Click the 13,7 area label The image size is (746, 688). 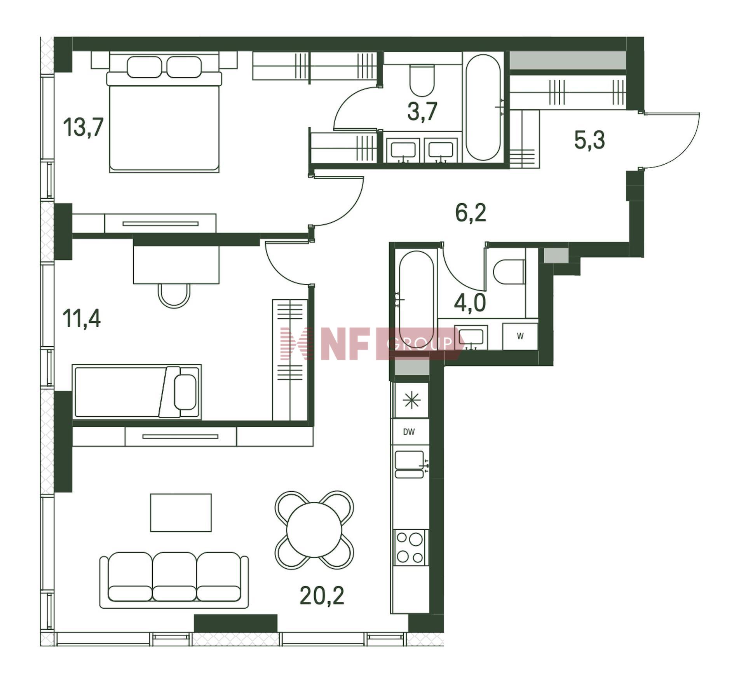tap(83, 127)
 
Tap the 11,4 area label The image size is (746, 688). tap(82, 318)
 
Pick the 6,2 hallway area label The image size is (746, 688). tap(471, 213)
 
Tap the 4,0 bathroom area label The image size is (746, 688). tap(470, 303)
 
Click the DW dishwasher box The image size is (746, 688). tap(410, 431)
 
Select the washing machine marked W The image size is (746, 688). tap(520, 336)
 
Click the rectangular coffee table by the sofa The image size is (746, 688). tap(181, 512)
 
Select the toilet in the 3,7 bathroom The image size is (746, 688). tap(422, 80)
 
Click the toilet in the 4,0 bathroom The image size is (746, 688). tap(509, 272)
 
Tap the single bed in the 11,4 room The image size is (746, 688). tap(137, 392)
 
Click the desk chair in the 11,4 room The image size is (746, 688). tap(174, 295)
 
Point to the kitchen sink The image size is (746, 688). tap(410, 464)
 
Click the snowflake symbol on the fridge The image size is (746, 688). tap(411, 400)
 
